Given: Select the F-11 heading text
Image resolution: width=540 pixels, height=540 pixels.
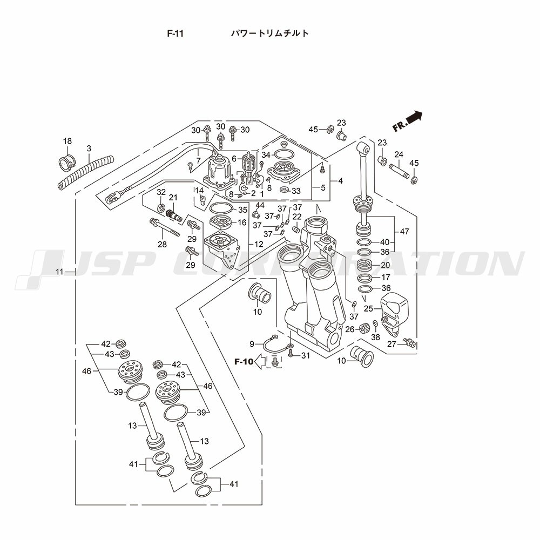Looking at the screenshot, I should click(x=175, y=33).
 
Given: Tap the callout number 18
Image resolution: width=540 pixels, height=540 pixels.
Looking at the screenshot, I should click(x=67, y=141).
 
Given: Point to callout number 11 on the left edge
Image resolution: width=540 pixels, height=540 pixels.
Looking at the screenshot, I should click(x=60, y=271).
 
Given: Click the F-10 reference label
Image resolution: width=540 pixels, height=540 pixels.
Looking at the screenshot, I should click(x=244, y=362).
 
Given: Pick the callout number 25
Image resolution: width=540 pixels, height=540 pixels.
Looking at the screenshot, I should click(x=369, y=308).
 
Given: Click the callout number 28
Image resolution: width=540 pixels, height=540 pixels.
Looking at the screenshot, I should click(x=162, y=245).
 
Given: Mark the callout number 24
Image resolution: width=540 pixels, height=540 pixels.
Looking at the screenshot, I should click(x=399, y=155).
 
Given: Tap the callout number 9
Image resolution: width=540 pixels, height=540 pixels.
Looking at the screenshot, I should click(x=252, y=344).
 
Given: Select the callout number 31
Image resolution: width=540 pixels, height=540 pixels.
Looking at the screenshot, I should click(x=306, y=355).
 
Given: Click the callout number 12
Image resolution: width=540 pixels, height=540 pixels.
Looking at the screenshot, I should click(x=259, y=244).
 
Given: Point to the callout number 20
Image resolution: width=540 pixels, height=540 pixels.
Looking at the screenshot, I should click(x=385, y=265).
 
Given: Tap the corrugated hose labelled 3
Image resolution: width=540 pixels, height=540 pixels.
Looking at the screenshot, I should click(x=86, y=172).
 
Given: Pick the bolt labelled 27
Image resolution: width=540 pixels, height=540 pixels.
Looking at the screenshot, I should click(x=409, y=342).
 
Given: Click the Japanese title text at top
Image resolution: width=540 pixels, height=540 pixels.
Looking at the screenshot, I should click(x=270, y=33).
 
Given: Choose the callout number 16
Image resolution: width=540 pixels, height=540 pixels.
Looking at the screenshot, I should click(x=242, y=222).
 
